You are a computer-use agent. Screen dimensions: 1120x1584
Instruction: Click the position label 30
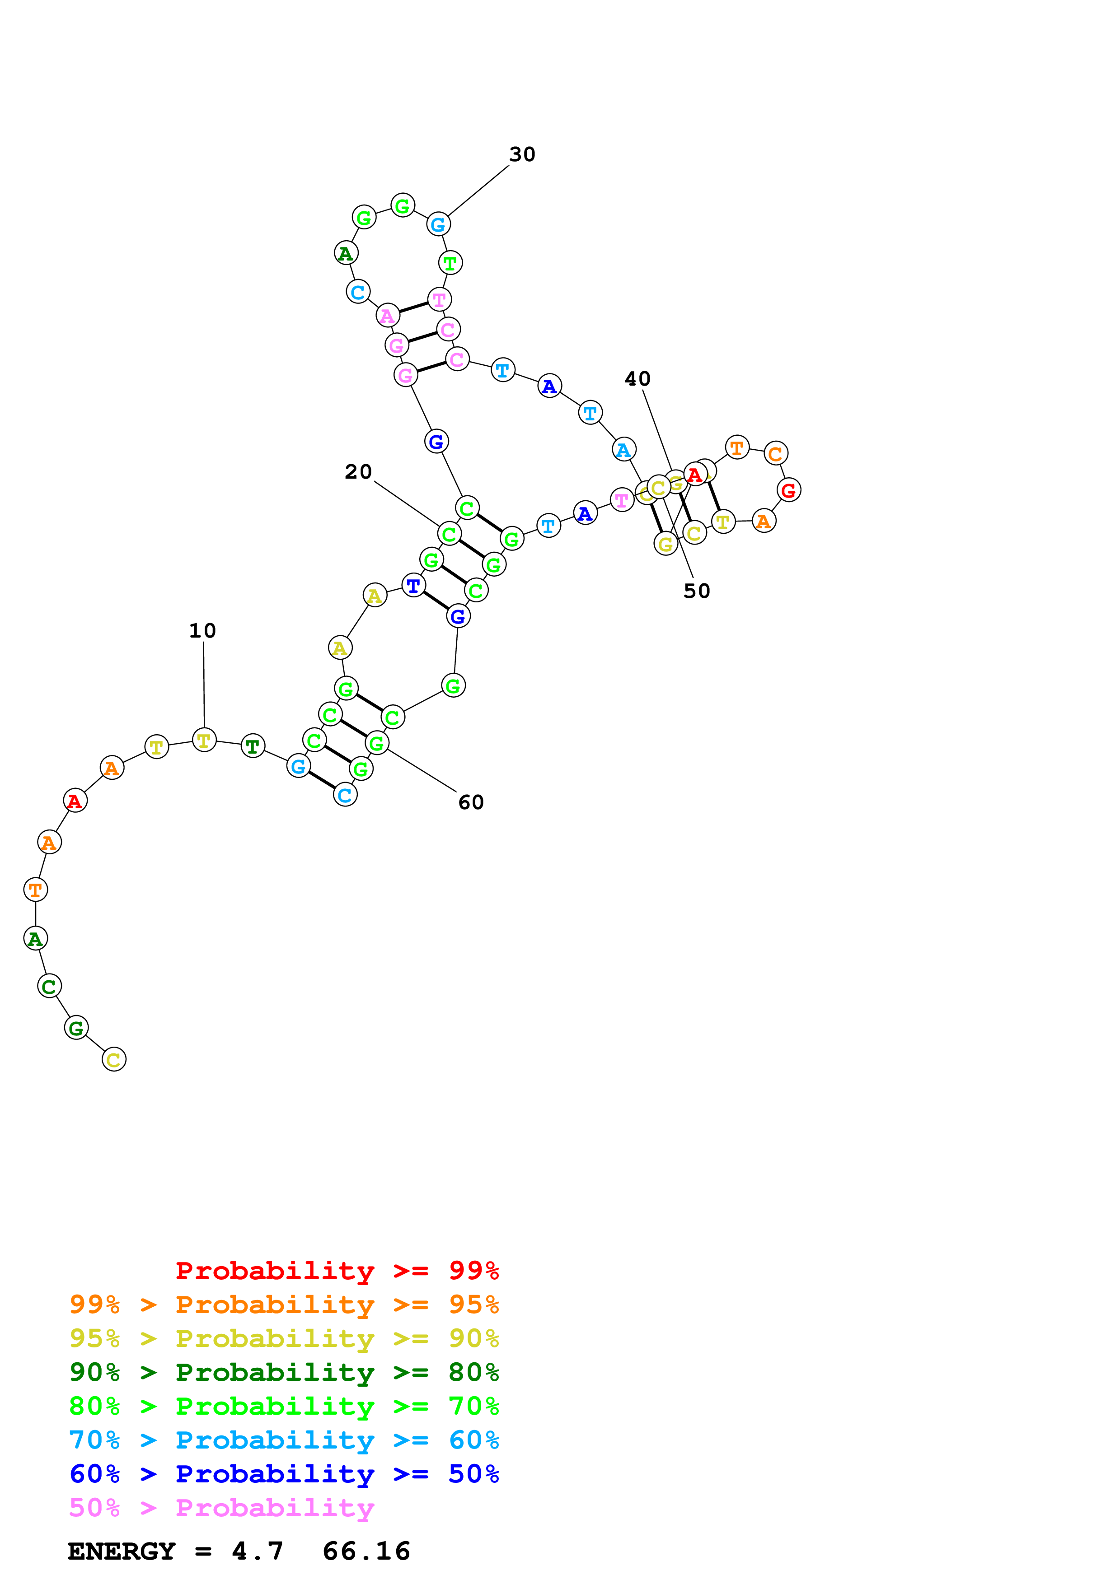click(522, 154)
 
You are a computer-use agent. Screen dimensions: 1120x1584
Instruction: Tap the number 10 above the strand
click(202, 630)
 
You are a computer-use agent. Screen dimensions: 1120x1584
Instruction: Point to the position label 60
click(471, 802)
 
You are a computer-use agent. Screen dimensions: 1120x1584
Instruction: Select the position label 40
click(637, 379)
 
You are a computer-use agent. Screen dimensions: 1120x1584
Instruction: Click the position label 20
click(358, 472)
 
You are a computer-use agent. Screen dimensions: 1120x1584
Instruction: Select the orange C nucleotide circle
click(776, 453)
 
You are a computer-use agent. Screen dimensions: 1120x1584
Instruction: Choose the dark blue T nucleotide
click(413, 586)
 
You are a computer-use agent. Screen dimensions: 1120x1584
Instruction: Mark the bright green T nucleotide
click(450, 263)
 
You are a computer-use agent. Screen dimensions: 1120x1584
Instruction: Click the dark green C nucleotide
click(49, 986)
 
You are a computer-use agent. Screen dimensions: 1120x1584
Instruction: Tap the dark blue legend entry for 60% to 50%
click(284, 1474)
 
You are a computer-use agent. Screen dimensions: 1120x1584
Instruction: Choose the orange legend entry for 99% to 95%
click(284, 1304)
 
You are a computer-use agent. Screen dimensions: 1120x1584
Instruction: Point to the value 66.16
click(366, 1551)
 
